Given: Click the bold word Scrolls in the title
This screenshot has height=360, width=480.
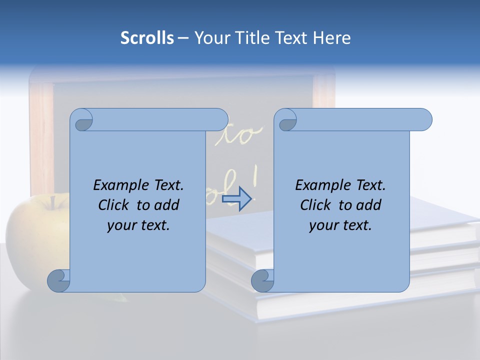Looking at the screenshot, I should pyautogui.click(x=147, y=38).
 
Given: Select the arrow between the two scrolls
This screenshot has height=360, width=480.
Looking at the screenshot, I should pyautogui.click(x=236, y=199).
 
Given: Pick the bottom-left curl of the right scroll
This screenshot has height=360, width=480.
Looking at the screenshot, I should pyautogui.click(x=262, y=280).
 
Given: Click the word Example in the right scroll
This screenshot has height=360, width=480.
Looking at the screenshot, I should pyautogui.click(x=321, y=185).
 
